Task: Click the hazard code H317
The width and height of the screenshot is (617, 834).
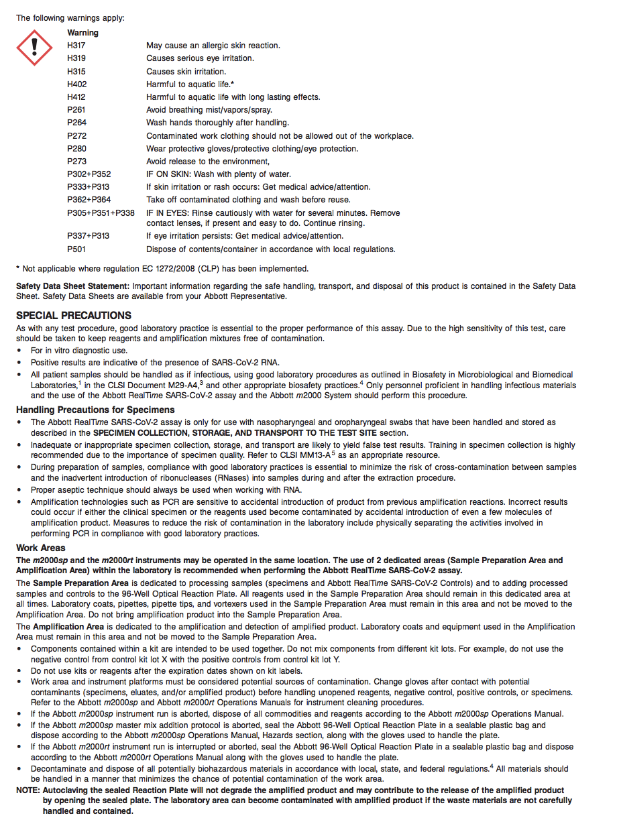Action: pyautogui.click(x=76, y=46)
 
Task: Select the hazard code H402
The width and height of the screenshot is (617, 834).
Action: pyautogui.click(x=76, y=84)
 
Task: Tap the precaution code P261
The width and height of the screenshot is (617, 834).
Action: pyautogui.click(x=76, y=110)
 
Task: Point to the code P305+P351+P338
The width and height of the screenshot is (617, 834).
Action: pyautogui.click(x=101, y=213)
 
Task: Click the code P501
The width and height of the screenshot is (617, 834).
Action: pyautogui.click(x=76, y=249)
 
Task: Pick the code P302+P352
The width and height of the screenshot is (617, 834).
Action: pyautogui.click(x=89, y=174)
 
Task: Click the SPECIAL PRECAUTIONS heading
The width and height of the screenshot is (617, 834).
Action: pyautogui.click(x=74, y=316)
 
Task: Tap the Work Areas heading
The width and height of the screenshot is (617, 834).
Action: pyautogui.click(x=41, y=548)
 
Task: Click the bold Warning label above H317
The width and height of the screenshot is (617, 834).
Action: pyautogui.click(x=82, y=33)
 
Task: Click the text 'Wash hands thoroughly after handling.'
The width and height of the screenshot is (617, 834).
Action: pyautogui.click(x=217, y=123)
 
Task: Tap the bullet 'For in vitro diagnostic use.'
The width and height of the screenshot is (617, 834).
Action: pyautogui.click(x=79, y=351)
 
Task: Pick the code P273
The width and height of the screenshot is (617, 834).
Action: pyautogui.click(x=76, y=162)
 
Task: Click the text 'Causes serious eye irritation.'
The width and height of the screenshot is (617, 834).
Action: pyautogui.click(x=200, y=58)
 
